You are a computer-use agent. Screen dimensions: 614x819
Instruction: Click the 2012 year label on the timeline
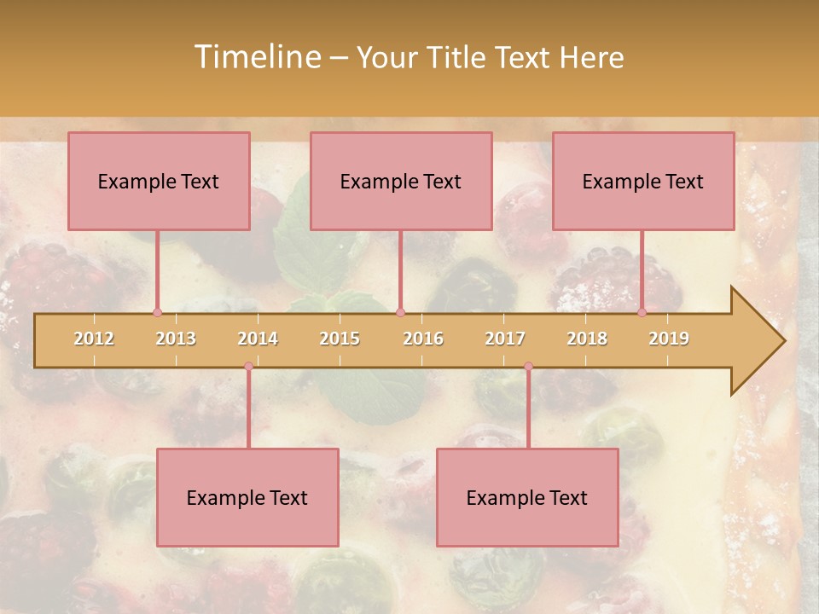[x=94, y=339]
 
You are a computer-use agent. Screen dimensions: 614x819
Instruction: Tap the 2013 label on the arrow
[x=176, y=339]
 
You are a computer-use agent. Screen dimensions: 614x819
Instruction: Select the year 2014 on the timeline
[x=258, y=339]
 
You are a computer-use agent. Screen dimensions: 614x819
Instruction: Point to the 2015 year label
[x=340, y=339]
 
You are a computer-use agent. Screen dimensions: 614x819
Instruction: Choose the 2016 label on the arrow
[x=423, y=339]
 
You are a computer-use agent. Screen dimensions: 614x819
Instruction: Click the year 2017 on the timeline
[x=505, y=339]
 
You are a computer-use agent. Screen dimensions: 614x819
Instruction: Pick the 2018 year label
[x=587, y=339]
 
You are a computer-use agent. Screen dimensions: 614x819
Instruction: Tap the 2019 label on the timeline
[x=669, y=339]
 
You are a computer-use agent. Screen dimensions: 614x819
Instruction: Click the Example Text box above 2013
[x=159, y=181]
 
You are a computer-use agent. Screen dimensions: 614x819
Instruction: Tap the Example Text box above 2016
[x=401, y=181]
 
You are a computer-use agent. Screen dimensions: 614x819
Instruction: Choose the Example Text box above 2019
[x=643, y=181]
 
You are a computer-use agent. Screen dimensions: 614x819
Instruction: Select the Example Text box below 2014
[x=247, y=497]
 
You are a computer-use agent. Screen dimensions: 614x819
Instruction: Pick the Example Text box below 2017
[x=527, y=497]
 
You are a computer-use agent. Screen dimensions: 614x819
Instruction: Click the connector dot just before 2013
[x=157, y=312]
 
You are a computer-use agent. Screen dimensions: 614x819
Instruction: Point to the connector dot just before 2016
[x=400, y=312]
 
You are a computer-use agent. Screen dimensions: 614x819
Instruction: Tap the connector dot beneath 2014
[x=248, y=367]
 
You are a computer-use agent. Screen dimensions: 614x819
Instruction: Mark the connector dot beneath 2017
[x=528, y=367]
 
